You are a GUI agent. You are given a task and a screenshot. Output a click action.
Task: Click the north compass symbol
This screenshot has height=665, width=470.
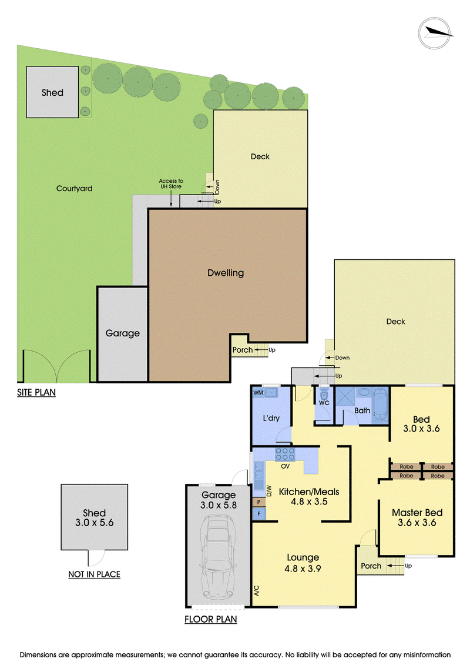click(435, 33)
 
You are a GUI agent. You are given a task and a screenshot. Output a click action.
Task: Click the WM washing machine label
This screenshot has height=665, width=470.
click(258, 393)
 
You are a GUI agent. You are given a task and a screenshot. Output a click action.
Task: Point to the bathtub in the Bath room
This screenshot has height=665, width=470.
click(380, 406)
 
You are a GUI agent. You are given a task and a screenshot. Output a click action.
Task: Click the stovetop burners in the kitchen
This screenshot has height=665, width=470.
click(285, 455)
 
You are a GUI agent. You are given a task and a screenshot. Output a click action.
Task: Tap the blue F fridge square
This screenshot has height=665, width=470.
click(258, 513)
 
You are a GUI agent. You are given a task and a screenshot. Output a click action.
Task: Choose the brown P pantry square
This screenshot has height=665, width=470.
click(258, 502)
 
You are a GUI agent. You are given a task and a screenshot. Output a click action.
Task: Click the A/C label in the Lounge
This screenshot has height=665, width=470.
click(256, 591)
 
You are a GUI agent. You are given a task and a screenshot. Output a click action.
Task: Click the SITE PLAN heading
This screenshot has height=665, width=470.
click(36, 392)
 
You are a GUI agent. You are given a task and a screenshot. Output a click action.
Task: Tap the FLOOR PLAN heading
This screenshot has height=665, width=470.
click(211, 619)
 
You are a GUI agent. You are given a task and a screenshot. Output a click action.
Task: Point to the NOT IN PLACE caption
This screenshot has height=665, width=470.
click(94, 574)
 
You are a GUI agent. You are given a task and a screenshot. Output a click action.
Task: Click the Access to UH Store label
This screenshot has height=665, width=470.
click(171, 183)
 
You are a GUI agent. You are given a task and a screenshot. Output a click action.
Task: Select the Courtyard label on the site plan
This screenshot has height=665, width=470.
click(74, 188)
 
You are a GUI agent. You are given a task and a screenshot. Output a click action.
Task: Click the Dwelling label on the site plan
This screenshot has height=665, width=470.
click(226, 273)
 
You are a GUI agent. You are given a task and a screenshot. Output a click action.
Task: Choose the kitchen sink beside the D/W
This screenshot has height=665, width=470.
click(258, 476)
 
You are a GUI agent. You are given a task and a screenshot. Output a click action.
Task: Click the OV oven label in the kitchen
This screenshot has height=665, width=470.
click(285, 466)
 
